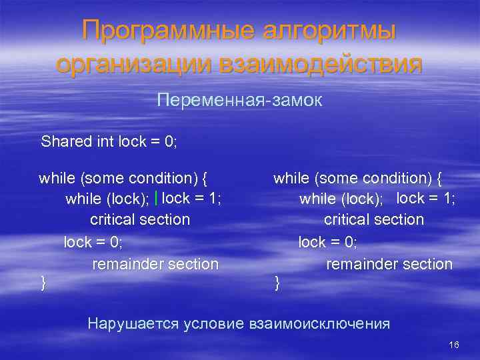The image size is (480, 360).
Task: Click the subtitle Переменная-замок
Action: tap(239, 101)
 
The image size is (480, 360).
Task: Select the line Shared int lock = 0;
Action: tap(109, 141)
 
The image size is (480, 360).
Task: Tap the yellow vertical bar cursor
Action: tap(155, 198)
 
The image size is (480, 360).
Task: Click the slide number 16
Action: tap(454, 345)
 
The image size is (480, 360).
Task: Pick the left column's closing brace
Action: tap(43, 284)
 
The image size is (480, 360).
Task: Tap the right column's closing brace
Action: tap(277, 284)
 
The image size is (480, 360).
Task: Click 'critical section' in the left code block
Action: tap(139, 220)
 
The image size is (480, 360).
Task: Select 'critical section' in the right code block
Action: tap(373, 220)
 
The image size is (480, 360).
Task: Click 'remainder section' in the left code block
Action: tap(155, 265)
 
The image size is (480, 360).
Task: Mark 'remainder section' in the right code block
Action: tap(389, 265)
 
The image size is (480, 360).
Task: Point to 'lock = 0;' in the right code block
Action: tap(327, 242)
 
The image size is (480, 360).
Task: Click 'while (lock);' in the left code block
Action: tap(107, 199)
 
